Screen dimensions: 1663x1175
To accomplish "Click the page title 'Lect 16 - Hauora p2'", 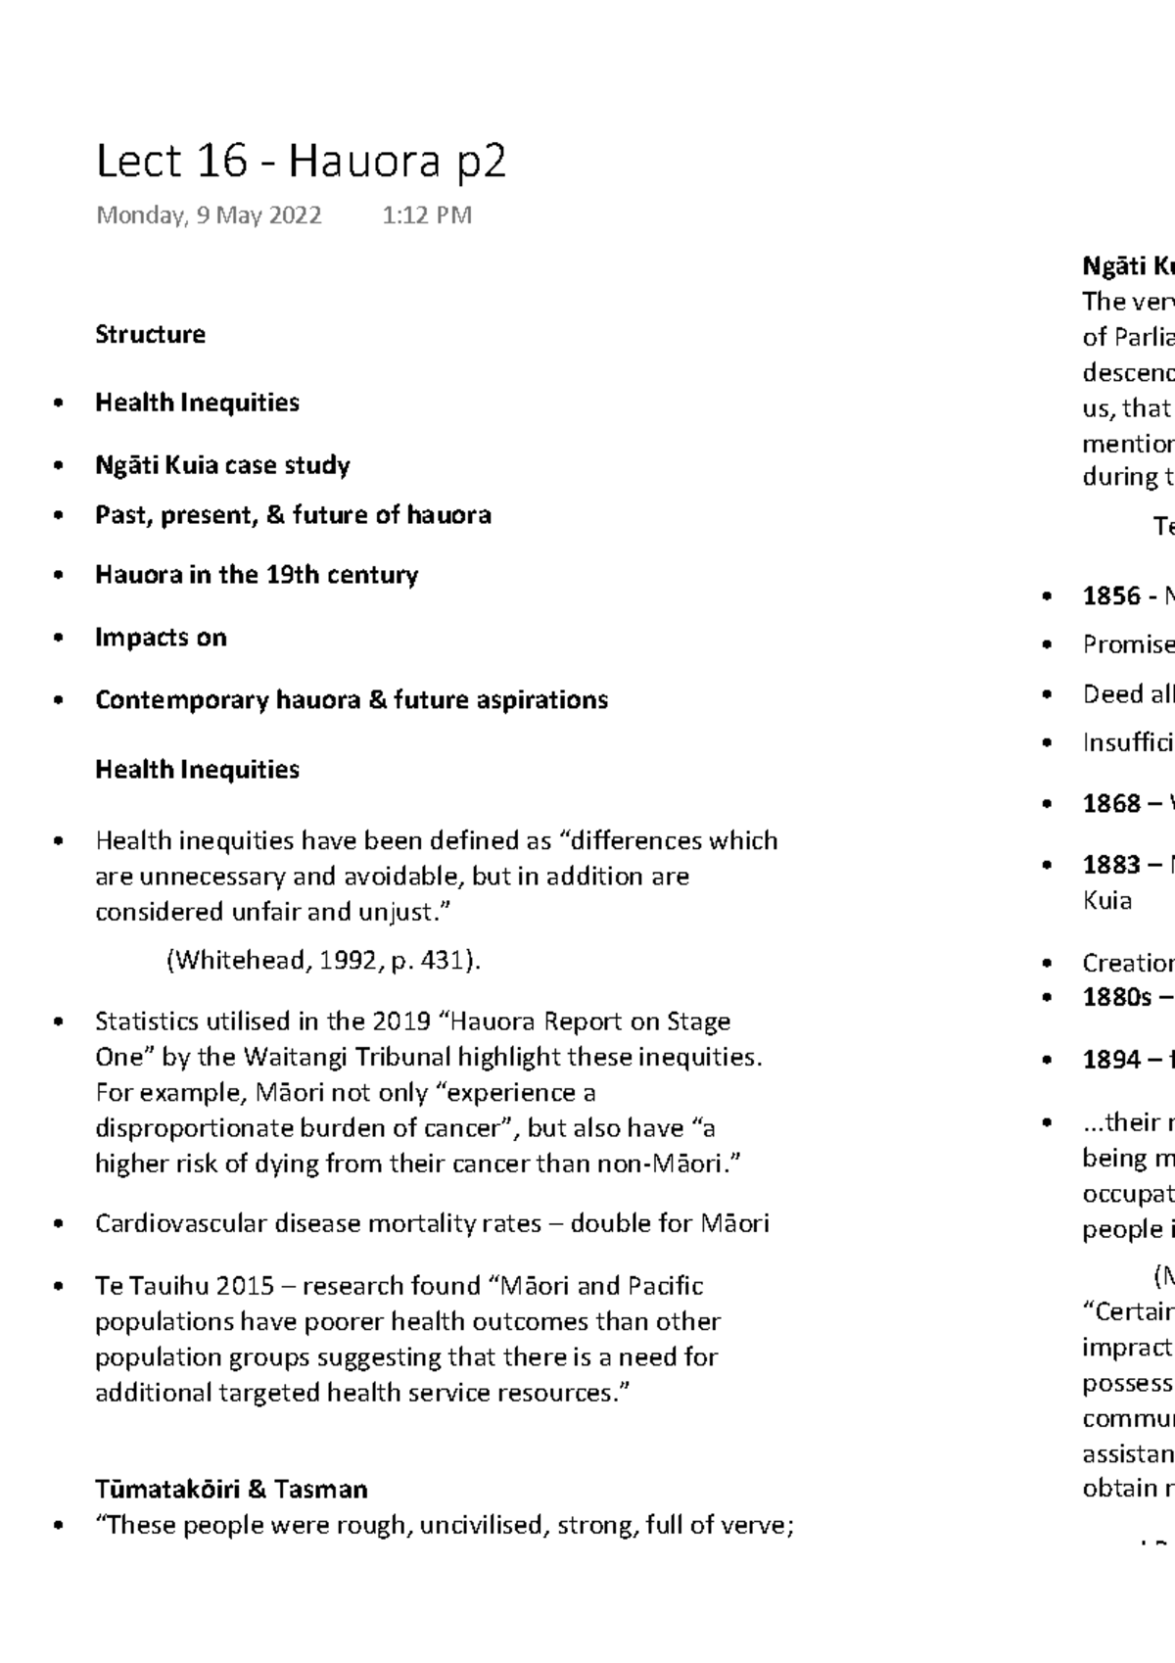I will pyautogui.click(x=301, y=162).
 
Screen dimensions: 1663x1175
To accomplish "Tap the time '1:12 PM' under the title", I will pyautogui.click(x=427, y=215).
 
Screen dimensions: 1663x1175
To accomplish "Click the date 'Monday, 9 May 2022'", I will pyautogui.click(x=209, y=215).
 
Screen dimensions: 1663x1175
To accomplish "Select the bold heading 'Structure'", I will pyautogui.click(x=150, y=335).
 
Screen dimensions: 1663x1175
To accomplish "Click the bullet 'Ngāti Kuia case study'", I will pyautogui.click(x=222, y=465).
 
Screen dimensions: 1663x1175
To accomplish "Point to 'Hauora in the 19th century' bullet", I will pyautogui.click(x=256, y=575).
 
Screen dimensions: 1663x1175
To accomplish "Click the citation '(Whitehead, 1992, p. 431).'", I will pyautogui.click(x=323, y=961).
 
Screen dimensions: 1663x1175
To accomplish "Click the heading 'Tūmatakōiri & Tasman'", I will pyautogui.click(x=231, y=1490).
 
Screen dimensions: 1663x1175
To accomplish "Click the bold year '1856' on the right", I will pyautogui.click(x=1111, y=596).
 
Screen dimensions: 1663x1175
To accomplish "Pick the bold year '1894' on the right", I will pyautogui.click(x=1111, y=1060).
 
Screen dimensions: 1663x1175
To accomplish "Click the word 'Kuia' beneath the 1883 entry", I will pyautogui.click(x=1106, y=900).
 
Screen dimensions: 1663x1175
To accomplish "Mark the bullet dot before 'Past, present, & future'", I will pyautogui.click(x=61, y=515).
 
